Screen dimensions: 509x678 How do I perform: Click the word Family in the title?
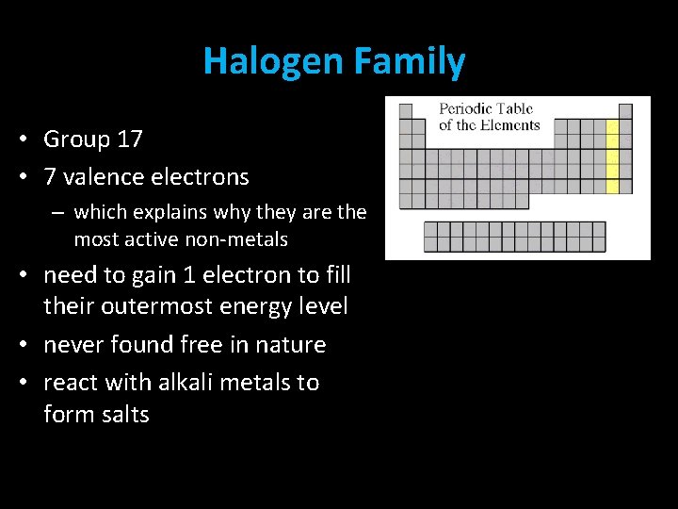[411, 62]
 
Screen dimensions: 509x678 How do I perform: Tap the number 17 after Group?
[129, 140]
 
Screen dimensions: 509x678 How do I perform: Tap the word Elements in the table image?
[508, 125]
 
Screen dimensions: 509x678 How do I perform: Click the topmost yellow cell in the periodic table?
[612, 126]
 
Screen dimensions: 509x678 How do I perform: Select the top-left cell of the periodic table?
[406, 111]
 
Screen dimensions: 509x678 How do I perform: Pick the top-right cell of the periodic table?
[625, 111]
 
